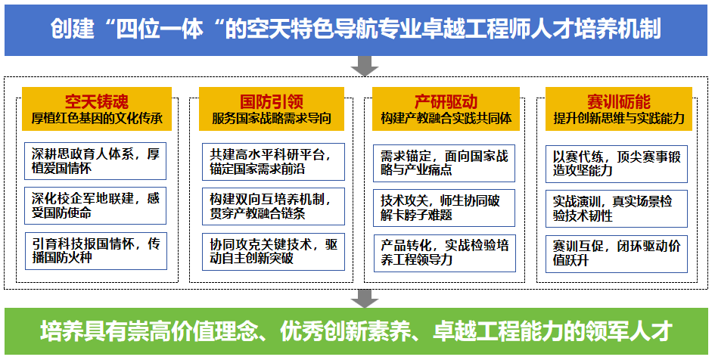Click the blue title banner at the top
356,29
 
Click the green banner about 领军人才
356,331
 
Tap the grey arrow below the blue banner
365,67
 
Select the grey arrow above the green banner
365,297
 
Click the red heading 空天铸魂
96,101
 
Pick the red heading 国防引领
272,101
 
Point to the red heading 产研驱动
446,101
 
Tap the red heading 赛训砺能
619,101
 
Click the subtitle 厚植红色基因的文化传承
96,119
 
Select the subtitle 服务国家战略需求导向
272,119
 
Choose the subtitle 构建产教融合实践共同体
446,119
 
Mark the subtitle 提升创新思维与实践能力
619,119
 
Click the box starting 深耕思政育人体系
95,161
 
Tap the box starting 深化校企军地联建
95,205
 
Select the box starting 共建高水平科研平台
272,161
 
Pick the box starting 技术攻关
446,206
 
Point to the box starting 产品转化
446,252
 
